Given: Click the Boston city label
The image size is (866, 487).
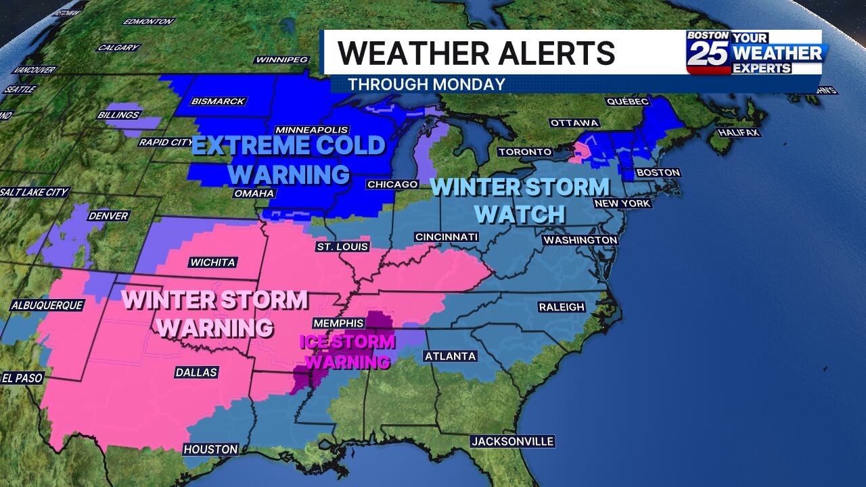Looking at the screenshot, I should point(658,172).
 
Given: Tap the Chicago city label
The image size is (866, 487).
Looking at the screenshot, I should point(392,184).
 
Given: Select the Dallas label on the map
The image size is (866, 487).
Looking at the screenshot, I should point(196,372).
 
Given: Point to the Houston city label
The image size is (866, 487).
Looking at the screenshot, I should point(211,449).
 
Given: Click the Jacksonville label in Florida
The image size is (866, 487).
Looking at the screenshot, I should point(513,442).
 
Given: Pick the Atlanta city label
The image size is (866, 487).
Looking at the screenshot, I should point(451,356).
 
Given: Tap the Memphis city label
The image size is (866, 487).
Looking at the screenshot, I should point(338,323).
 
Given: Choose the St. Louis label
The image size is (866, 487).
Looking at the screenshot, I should point(342,247).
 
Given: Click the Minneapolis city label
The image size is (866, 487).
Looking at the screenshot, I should point(312,130).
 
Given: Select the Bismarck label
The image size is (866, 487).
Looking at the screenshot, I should point(218,101).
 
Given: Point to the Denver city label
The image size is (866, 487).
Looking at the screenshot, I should point(108,216).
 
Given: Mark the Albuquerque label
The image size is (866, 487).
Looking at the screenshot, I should point(47,306).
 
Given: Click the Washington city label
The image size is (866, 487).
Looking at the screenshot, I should point(580,240).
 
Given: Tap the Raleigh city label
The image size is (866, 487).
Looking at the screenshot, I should point(562,307).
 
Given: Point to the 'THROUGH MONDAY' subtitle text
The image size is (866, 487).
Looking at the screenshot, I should point(426,85).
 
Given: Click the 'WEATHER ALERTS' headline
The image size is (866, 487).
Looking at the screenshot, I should point(476,53).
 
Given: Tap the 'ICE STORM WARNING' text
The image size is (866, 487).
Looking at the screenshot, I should point(347,351).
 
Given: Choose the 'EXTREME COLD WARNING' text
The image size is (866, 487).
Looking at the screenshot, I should point(289,160).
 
